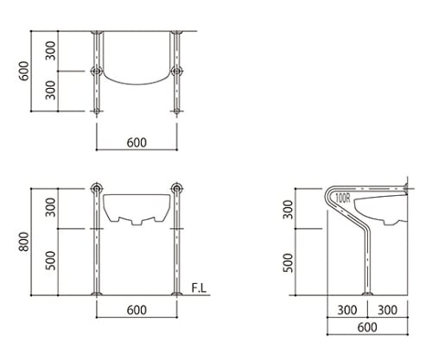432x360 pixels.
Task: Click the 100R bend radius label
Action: tap(343, 199)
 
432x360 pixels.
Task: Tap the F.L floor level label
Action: tap(200, 288)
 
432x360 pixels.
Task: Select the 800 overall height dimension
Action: tap(24, 242)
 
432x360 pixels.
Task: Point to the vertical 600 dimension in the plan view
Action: tap(24, 71)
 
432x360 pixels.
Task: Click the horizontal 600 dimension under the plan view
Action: tap(137, 142)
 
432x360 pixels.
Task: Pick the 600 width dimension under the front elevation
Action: tap(137, 310)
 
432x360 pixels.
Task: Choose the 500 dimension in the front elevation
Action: tap(50, 261)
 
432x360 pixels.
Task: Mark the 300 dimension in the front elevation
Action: tap(50, 207)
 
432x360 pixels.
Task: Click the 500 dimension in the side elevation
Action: tap(288, 262)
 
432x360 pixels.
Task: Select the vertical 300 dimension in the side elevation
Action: tap(288, 210)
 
